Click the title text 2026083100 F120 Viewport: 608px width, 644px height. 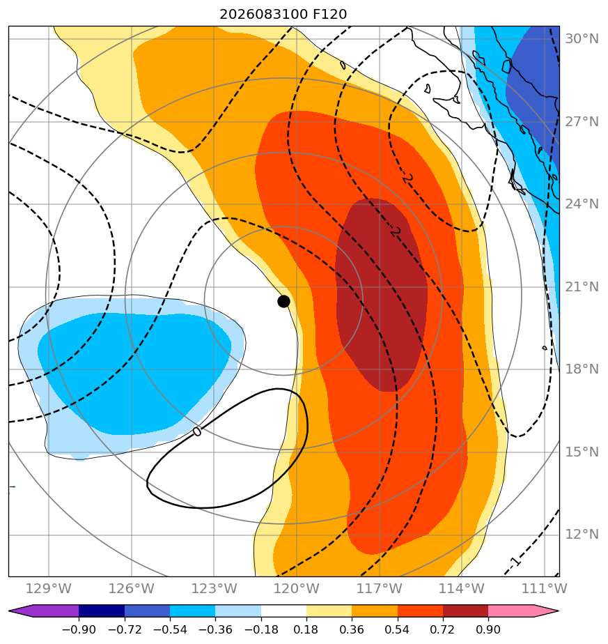[283, 15]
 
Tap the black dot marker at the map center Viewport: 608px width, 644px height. [283, 302]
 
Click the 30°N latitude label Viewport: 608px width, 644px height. [582, 38]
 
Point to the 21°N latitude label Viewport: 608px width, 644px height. [582, 286]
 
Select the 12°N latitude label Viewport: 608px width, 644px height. [582, 535]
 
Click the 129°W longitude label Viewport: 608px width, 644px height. [49, 588]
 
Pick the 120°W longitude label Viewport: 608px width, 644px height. [297, 588]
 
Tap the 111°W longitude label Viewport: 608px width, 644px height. [545, 588]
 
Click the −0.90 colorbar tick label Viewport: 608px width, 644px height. [79, 629]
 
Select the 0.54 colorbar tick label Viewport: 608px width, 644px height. [397, 629]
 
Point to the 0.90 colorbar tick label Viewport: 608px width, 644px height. [488, 629]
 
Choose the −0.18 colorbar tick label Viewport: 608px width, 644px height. [260, 629]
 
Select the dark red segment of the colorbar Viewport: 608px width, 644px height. [465, 611]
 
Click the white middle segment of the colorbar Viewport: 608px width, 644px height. [283, 611]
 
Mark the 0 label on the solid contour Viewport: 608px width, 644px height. [197, 431]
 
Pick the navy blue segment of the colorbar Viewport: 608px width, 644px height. [102, 611]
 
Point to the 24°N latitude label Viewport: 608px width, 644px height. [582, 204]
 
